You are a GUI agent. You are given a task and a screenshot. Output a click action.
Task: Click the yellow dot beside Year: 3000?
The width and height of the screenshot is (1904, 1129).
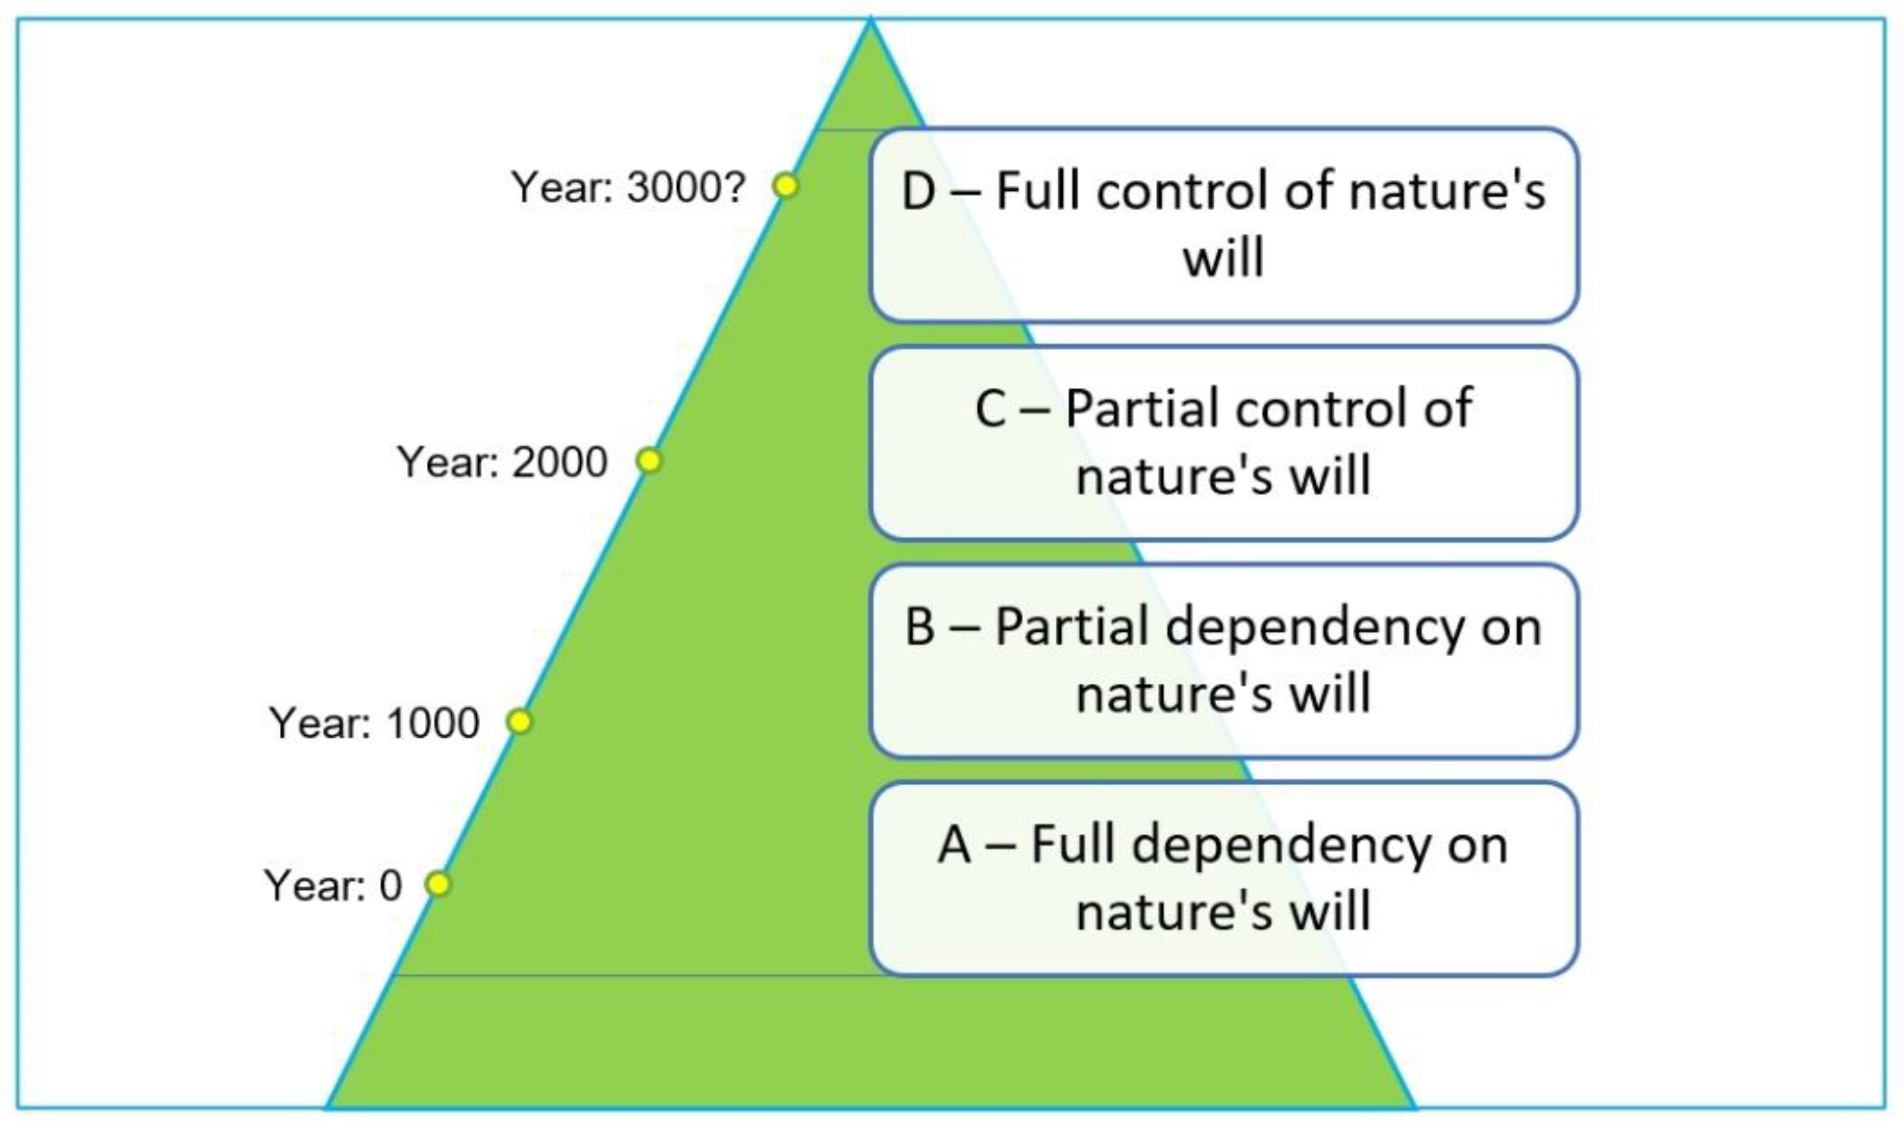785,186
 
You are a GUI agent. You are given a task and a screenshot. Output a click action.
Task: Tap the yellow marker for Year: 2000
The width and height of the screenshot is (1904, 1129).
649,460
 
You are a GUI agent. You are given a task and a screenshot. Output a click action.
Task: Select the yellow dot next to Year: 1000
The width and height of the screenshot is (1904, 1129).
519,721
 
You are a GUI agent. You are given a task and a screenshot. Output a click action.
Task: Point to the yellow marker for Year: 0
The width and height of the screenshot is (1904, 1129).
438,884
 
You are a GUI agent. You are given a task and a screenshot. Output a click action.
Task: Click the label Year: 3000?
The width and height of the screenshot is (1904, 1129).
628,187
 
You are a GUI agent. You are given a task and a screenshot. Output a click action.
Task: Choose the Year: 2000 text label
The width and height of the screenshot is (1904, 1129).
502,462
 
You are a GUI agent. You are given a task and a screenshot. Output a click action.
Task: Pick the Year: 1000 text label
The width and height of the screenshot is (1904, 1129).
374,723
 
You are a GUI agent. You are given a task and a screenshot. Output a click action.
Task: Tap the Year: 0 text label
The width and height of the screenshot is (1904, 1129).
333,885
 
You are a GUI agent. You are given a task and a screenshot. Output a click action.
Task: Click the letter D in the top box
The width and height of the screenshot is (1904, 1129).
918,191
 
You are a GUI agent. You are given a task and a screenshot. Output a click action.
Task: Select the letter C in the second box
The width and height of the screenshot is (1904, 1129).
992,409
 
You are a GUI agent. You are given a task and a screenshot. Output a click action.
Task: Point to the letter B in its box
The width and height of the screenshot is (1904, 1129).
919,628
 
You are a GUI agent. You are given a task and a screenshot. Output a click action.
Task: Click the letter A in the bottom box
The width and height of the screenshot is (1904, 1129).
955,844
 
